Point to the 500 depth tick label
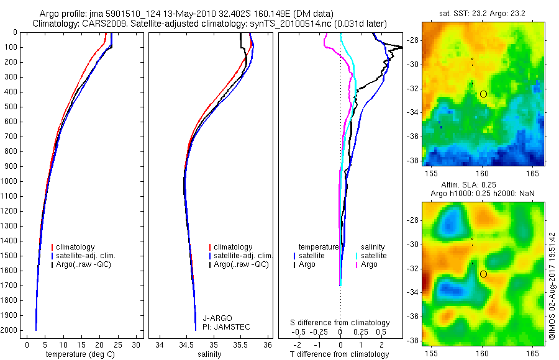pyautogui.click(x=11, y=107)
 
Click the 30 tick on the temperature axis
pyautogui.click(x=137, y=344)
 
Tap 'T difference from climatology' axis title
pyautogui.click(x=340, y=354)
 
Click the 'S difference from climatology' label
pyautogui.click(x=340, y=323)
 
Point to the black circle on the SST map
pyautogui.click(x=483, y=94)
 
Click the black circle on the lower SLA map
pyautogui.click(x=483, y=274)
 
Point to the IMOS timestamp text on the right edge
pyautogui.click(x=552, y=287)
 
